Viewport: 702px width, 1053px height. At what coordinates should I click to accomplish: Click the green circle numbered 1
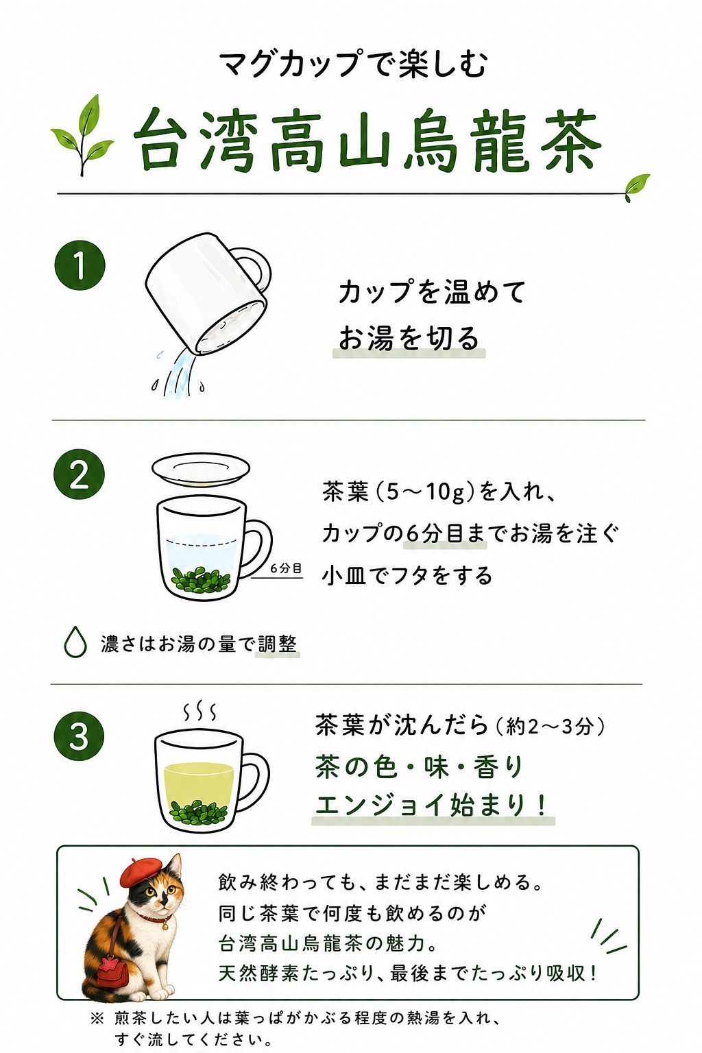(x=80, y=265)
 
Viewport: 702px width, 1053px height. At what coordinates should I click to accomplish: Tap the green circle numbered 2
(x=79, y=475)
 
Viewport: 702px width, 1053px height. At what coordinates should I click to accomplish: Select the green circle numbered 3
(x=79, y=736)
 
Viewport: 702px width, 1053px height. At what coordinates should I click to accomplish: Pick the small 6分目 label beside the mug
(x=286, y=568)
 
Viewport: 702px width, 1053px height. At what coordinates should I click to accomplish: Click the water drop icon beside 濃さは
(x=75, y=642)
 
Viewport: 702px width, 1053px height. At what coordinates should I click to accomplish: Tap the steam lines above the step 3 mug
(x=199, y=712)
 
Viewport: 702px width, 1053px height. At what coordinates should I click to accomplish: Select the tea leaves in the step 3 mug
(x=198, y=810)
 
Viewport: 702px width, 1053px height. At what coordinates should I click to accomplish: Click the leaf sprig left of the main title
(x=83, y=135)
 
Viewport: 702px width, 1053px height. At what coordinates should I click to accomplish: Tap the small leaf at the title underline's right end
(x=637, y=186)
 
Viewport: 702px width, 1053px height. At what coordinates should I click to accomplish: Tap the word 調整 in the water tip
(x=278, y=644)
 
